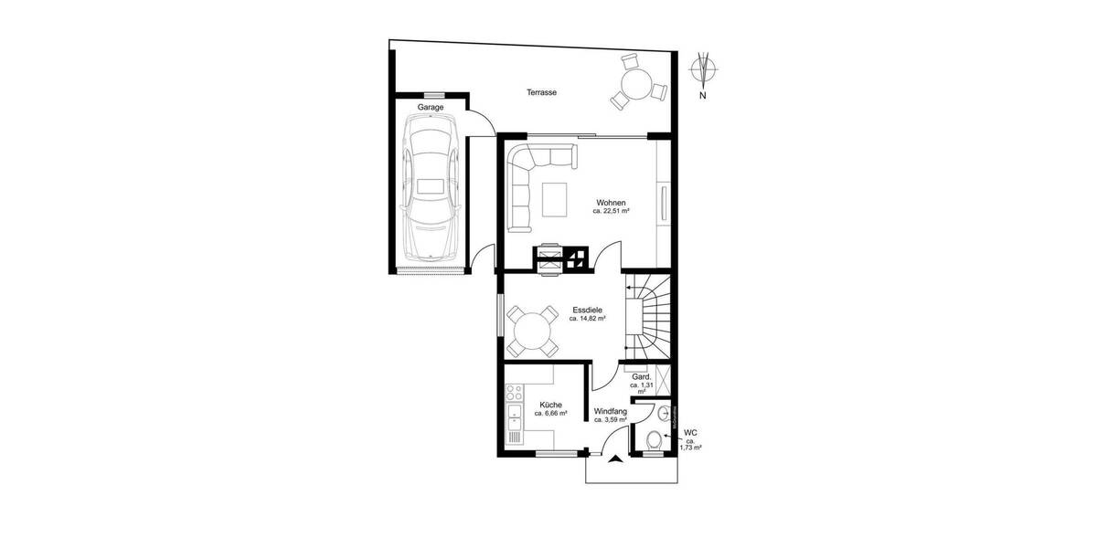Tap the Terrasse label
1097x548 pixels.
[541, 92]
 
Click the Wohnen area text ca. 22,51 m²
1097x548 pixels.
[612, 211]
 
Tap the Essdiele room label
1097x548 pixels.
[587, 310]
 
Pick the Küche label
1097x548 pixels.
[550, 405]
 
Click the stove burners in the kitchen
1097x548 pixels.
[513, 395]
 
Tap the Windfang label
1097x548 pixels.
[611, 411]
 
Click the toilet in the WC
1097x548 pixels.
[654, 442]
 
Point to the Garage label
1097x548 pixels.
[431, 108]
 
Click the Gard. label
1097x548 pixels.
[641, 376]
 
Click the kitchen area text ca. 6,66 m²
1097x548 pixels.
[550, 414]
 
